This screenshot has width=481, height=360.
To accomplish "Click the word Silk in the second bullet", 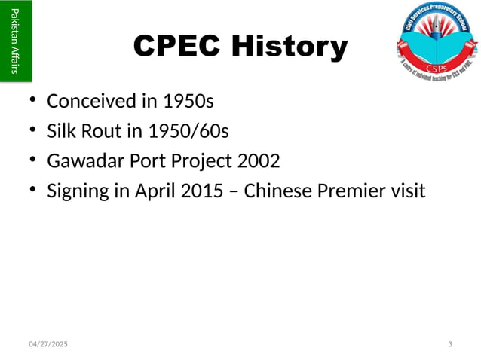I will (x=61, y=131).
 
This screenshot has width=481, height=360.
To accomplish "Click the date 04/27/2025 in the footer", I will (x=47, y=344).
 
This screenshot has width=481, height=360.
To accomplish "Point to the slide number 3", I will (x=450, y=344).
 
